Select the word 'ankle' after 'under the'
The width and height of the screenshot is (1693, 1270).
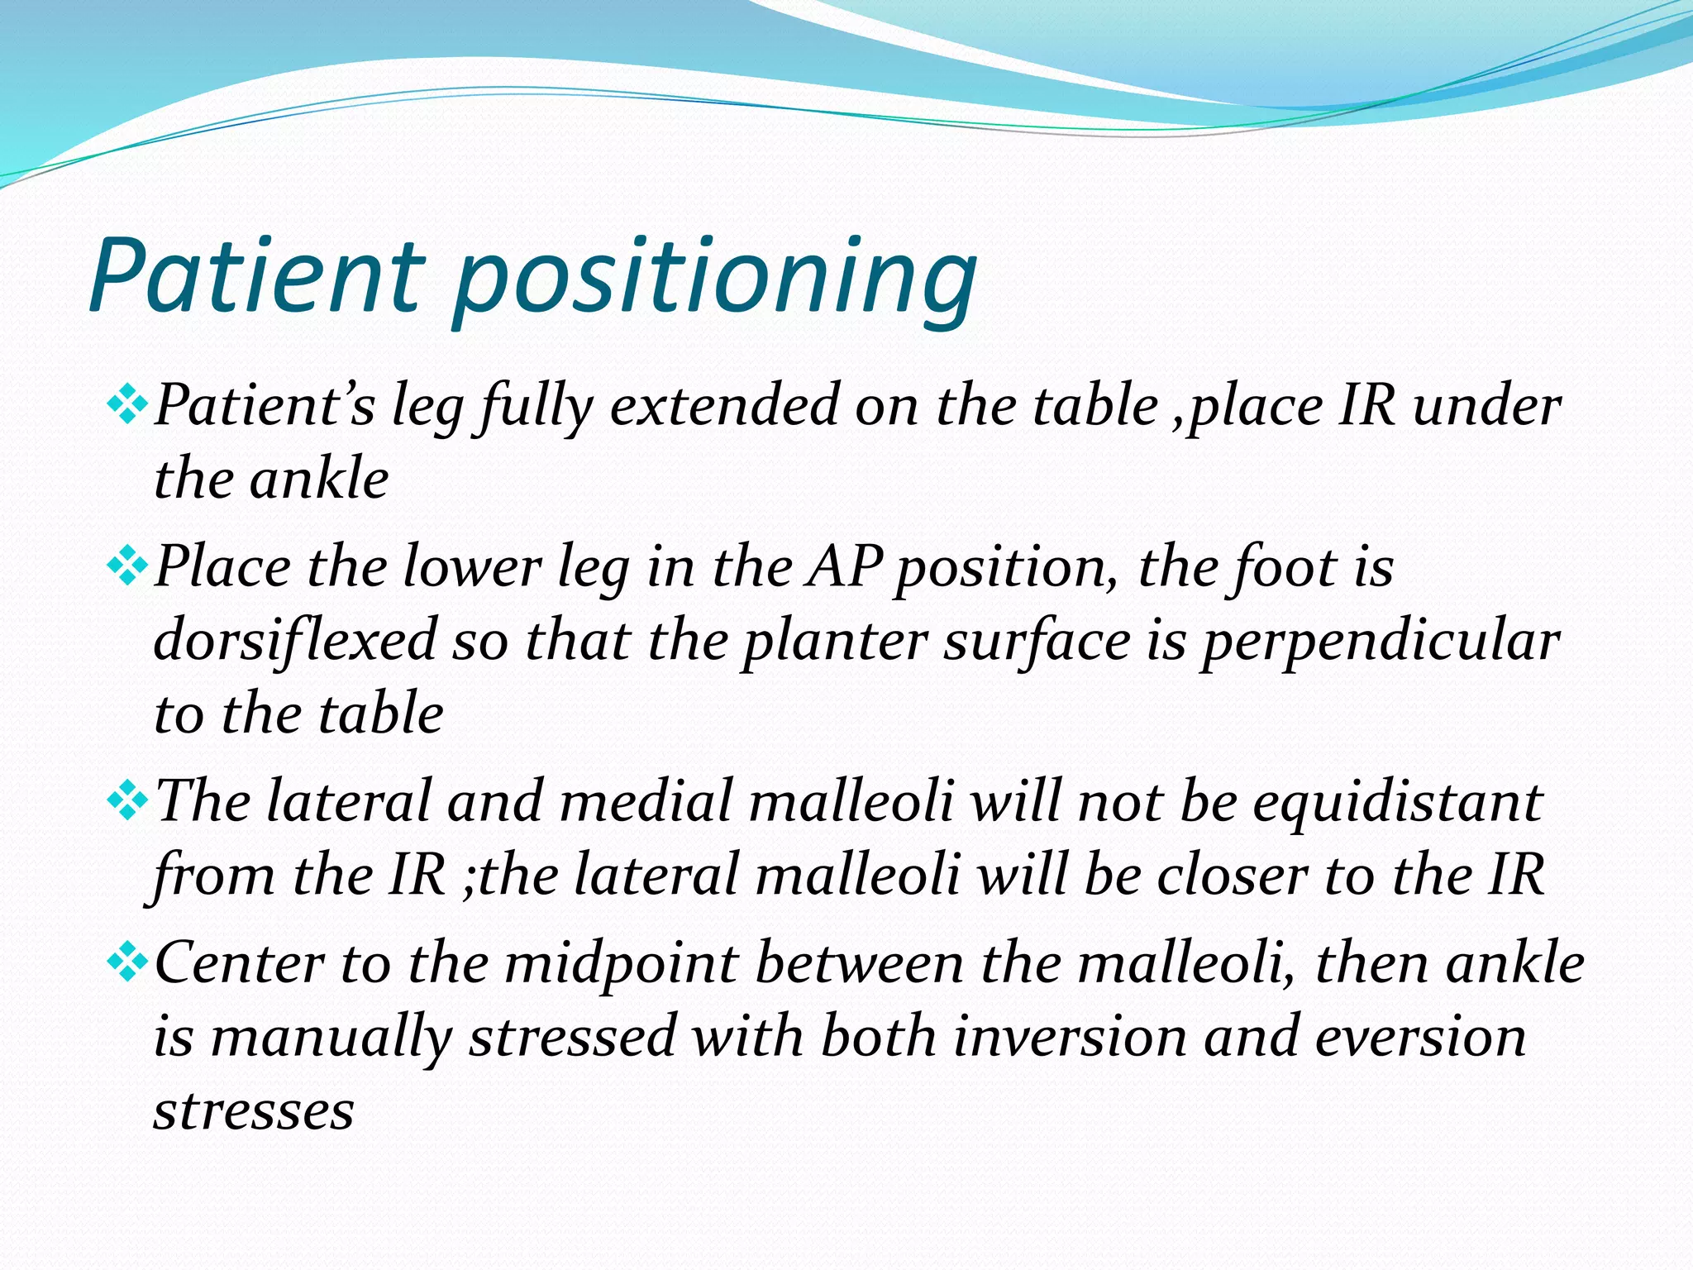pyautogui.click(x=319, y=480)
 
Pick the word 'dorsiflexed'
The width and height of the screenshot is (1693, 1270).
pyautogui.click(x=295, y=641)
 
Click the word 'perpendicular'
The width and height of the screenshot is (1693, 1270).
pyautogui.click(x=1381, y=641)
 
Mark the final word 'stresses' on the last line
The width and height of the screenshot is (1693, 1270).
pyautogui.click(x=254, y=1110)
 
